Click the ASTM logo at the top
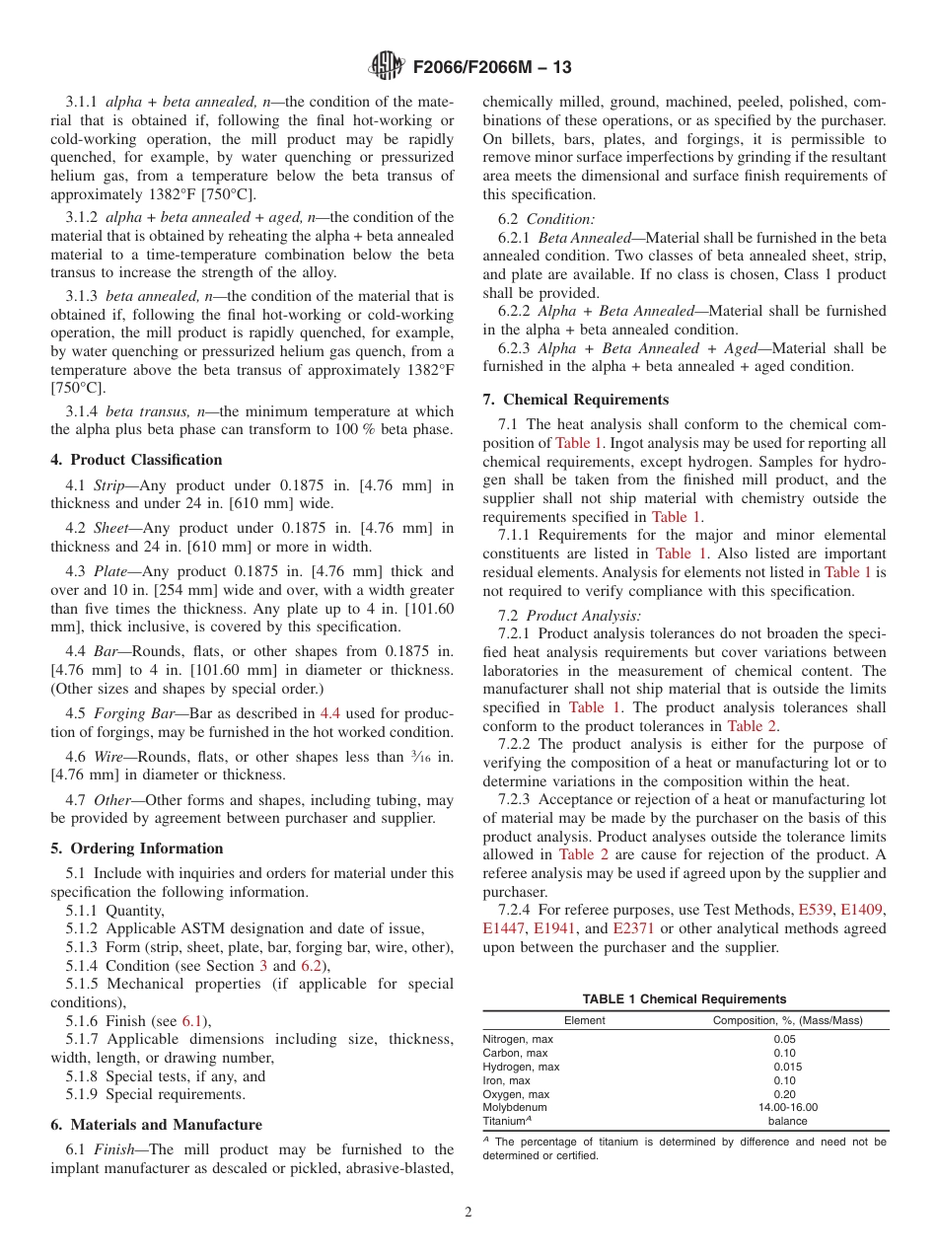pyautogui.click(x=385, y=67)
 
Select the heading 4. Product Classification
pyautogui.click(x=136, y=460)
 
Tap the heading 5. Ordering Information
pyautogui.click(x=136, y=849)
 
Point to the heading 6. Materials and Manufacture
pyautogui.click(x=156, y=1125)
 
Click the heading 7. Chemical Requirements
pyautogui.click(x=575, y=400)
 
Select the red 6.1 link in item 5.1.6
pyautogui.click(x=193, y=1021)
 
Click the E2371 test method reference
pyautogui.click(x=632, y=928)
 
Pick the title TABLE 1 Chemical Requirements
pyautogui.click(x=685, y=999)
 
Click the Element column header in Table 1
pyautogui.click(x=584, y=1020)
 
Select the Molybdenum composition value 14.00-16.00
pyautogui.click(x=787, y=1107)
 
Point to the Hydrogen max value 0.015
pyautogui.click(x=787, y=1067)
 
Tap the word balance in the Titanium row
pyautogui.click(x=787, y=1121)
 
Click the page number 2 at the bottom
pyautogui.click(x=468, y=1212)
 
